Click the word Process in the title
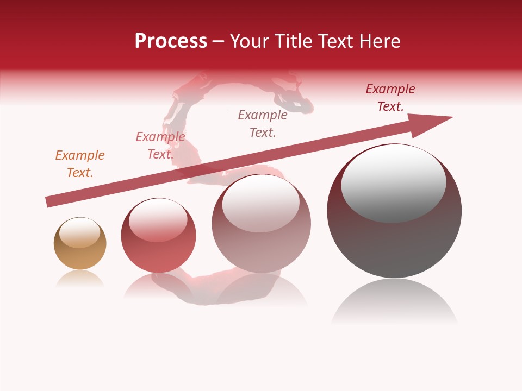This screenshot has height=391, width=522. pos(171,41)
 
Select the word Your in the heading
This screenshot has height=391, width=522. pos(249,41)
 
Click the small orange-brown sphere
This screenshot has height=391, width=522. pos(80,251)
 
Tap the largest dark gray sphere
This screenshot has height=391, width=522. pos(394,244)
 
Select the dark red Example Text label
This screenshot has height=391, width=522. pos(390,98)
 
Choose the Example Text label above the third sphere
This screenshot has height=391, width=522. pos(263,124)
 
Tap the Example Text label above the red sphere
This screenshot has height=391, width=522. pos(160,146)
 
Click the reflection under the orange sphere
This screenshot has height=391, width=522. pos(80,279)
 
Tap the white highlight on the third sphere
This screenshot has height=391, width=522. pos(261,204)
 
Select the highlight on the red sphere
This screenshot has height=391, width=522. pos(158,220)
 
